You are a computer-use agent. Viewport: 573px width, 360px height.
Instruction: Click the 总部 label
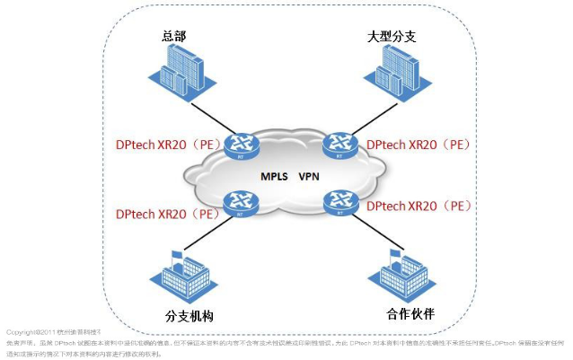click(173, 36)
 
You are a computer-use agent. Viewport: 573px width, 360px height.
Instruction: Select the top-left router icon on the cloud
click(241, 145)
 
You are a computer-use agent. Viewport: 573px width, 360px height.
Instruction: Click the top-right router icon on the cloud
click(339, 144)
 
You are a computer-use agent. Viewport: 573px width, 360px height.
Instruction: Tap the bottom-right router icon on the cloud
click(338, 204)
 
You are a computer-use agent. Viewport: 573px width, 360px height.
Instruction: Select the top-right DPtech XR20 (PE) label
click(419, 144)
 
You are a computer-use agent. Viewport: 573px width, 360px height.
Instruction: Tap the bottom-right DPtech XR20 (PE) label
click(419, 206)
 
